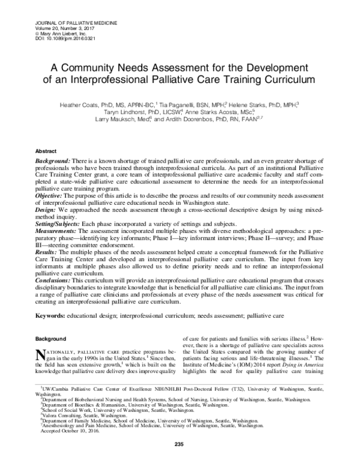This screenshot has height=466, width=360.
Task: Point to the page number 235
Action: pos(178,460)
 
